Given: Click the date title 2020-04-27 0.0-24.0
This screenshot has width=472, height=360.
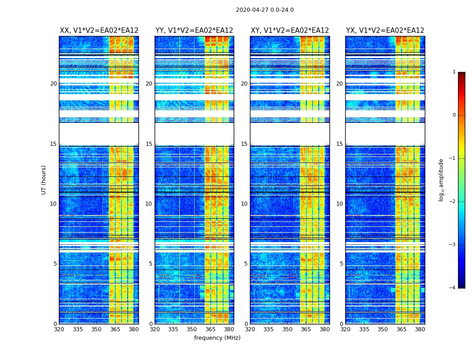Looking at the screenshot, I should (265, 10).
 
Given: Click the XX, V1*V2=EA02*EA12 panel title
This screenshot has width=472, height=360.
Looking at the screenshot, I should (99, 31).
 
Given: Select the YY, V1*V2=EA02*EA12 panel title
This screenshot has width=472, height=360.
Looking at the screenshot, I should (194, 31).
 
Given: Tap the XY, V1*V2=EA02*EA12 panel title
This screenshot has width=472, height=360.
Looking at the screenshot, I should (290, 31).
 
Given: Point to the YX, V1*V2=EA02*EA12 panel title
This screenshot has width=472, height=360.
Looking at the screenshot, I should (385, 31).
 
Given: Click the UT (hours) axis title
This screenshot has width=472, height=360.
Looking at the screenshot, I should (44, 180).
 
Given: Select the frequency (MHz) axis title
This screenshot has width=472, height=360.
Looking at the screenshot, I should (217, 338).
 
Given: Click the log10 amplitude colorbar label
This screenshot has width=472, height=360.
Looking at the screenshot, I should (441, 180).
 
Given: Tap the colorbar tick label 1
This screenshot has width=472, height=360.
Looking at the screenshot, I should (454, 72).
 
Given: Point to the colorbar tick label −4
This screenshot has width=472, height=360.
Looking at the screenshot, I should (453, 288).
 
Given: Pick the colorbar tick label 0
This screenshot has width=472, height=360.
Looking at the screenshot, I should (454, 115).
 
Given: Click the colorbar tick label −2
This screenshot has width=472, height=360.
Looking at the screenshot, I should (453, 202).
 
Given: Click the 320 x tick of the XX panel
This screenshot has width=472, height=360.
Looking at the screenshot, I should (59, 329).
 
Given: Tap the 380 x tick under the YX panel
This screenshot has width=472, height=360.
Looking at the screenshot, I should (420, 329).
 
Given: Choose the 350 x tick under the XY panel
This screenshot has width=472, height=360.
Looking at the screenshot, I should (287, 329).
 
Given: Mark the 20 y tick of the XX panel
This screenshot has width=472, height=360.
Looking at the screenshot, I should (53, 84).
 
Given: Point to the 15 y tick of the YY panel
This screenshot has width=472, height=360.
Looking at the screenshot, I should (149, 144).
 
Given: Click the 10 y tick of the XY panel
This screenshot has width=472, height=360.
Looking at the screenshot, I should (244, 204).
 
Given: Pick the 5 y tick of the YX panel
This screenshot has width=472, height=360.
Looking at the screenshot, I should (341, 264).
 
